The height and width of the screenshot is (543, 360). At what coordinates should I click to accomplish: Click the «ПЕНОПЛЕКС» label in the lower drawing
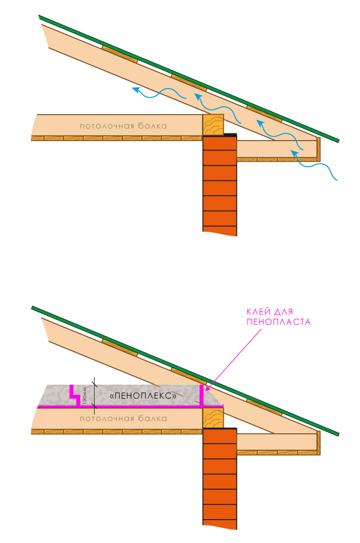pyautogui.click(x=143, y=396)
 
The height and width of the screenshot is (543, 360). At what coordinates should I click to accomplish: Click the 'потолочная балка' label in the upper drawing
pyautogui.click(x=123, y=126)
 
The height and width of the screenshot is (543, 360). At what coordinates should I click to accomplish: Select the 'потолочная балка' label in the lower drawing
pyautogui.click(x=123, y=419)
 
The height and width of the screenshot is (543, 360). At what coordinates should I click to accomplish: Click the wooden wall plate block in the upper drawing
pyautogui.click(x=213, y=125)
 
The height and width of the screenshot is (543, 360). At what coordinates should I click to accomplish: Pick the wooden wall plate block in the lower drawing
pyautogui.click(x=213, y=418)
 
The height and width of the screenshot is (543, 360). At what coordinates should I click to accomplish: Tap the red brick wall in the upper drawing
pyautogui.click(x=220, y=185)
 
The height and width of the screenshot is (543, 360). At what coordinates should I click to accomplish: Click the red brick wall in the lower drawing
pyautogui.click(x=220, y=478)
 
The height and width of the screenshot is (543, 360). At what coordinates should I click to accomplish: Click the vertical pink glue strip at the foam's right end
pyautogui.click(x=202, y=395)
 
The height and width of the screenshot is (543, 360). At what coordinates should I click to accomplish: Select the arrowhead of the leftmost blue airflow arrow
pyautogui.click(x=134, y=89)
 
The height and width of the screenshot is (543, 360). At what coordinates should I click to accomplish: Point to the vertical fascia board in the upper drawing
pyautogui.click(x=319, y=149)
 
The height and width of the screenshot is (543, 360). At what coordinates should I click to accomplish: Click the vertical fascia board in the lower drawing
pyautogui.click(x=319, y=443)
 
